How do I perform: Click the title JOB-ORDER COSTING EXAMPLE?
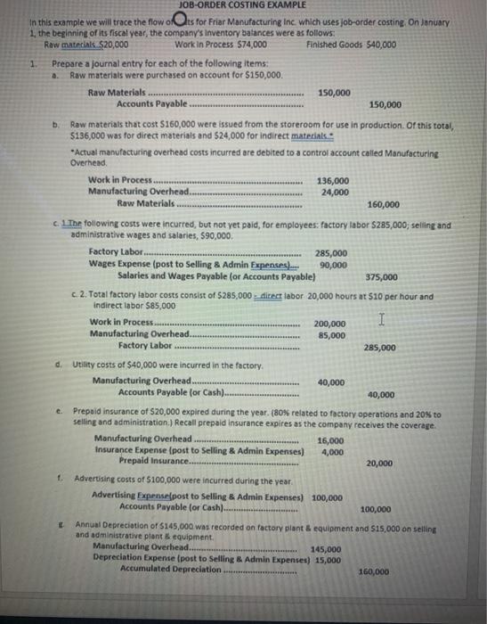pos(230,6)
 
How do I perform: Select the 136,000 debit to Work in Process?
pos(334,181)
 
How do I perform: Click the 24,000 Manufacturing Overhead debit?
pos(334,192)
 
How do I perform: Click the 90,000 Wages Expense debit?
pos(333,265)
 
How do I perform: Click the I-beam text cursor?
pos(380,318)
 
